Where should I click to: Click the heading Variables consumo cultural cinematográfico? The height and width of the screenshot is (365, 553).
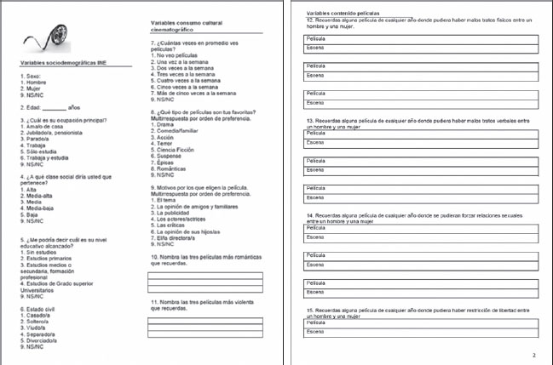[187, 25]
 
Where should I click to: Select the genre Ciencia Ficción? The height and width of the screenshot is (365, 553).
[180, 150]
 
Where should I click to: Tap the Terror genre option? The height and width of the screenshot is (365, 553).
[166, 143]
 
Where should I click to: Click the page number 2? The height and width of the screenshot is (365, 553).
[533, 354]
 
